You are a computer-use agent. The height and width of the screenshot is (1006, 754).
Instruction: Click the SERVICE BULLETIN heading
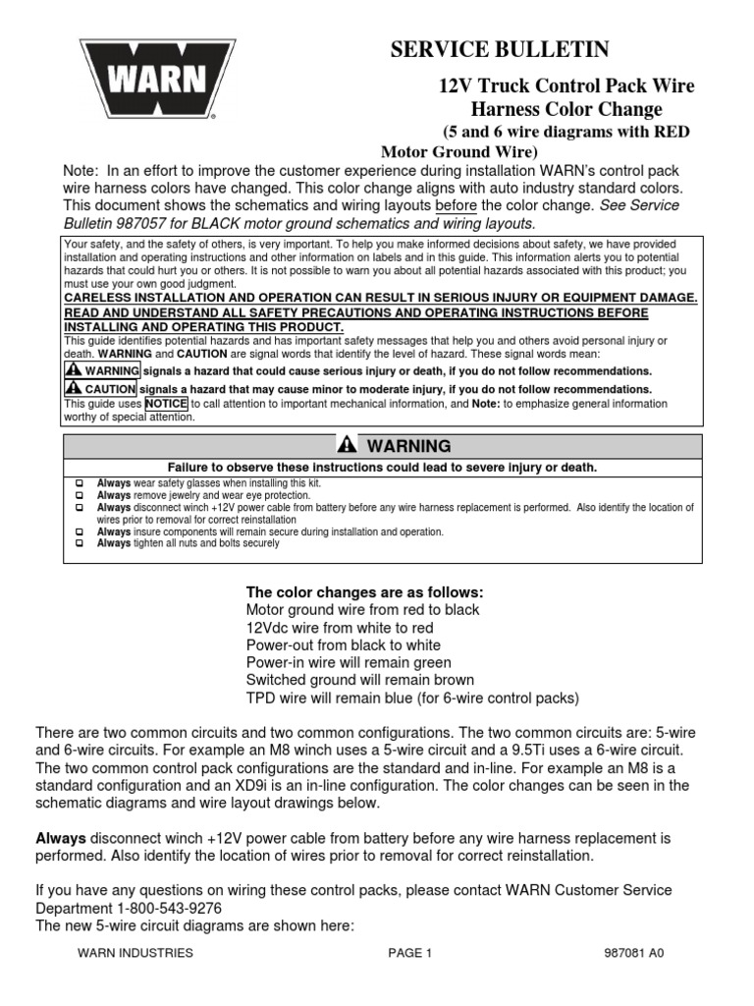coord(501,49)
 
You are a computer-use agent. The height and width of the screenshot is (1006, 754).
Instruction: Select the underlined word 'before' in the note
coord(456,204)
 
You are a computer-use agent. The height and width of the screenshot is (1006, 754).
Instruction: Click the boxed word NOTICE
coord(166,403)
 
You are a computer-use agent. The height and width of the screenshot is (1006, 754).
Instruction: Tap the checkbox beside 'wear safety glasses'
coord(80,484)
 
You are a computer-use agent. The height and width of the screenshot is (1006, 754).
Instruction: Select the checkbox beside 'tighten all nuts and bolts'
coord(80,543)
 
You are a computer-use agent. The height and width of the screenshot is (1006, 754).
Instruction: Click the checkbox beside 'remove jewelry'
coord(80,496)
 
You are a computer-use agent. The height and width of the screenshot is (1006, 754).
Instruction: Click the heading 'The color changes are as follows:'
coord(364,592)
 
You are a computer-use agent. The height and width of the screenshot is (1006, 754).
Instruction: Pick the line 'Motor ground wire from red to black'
coord(362,610)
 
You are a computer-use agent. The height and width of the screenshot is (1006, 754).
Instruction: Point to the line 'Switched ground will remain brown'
coord(359,680)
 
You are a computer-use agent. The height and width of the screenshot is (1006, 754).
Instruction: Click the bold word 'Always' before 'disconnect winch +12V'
coord(61,838)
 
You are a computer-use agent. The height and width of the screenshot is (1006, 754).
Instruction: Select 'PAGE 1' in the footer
coord(409,953)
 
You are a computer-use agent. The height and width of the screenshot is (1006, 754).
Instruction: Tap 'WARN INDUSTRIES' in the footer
coord(135,953)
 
